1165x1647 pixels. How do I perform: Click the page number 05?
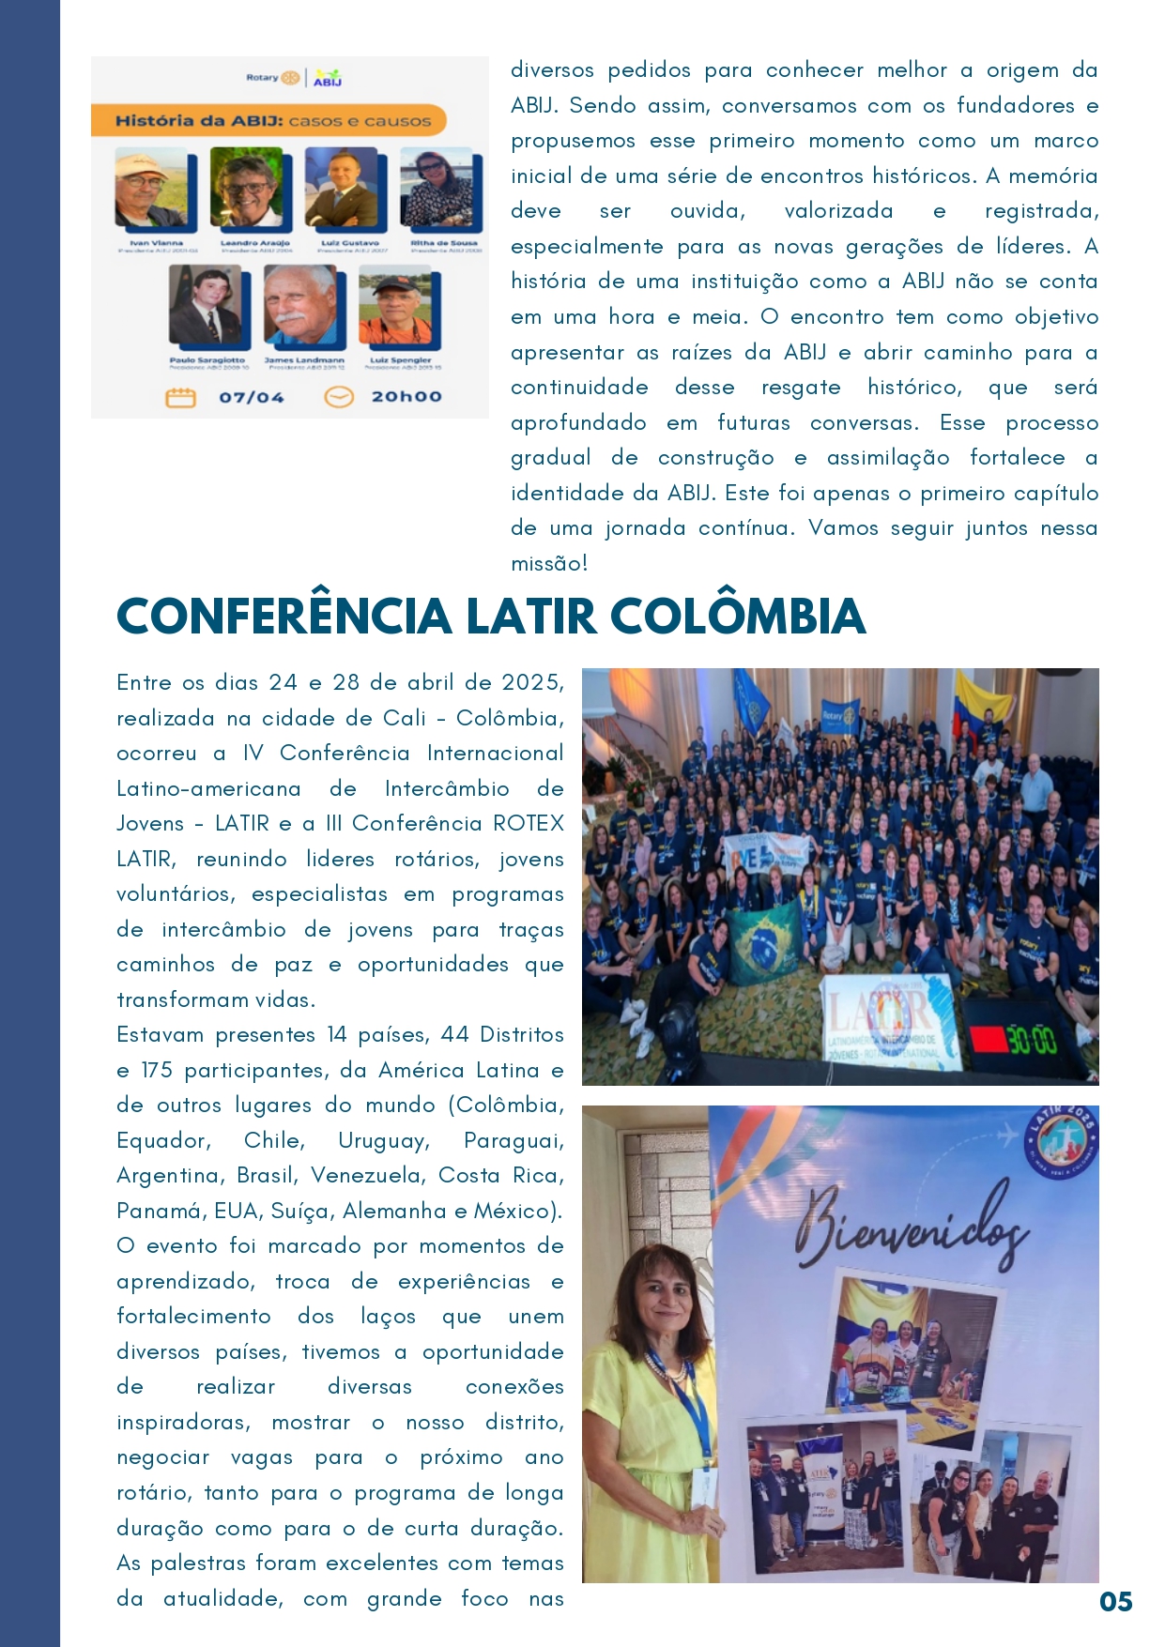(x=1115, y=1601)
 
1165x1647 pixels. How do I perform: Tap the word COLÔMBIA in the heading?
(x=738, y=617)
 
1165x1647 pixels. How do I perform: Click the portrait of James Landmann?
(x=299, y=306)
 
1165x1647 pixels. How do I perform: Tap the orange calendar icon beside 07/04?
(x=180, y=398)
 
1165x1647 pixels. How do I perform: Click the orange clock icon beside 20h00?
(x=338, y=398)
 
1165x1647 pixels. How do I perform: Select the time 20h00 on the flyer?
(x=406, y=397)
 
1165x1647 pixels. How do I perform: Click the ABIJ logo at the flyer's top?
(x=328, y=78)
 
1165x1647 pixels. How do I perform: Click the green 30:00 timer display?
(x=1031, y=1041)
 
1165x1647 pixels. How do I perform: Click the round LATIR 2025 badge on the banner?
(x=1062, y=1144)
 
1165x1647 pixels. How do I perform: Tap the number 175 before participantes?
(x=157, y=1071)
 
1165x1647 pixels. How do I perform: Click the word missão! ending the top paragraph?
(x=549, y=564)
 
